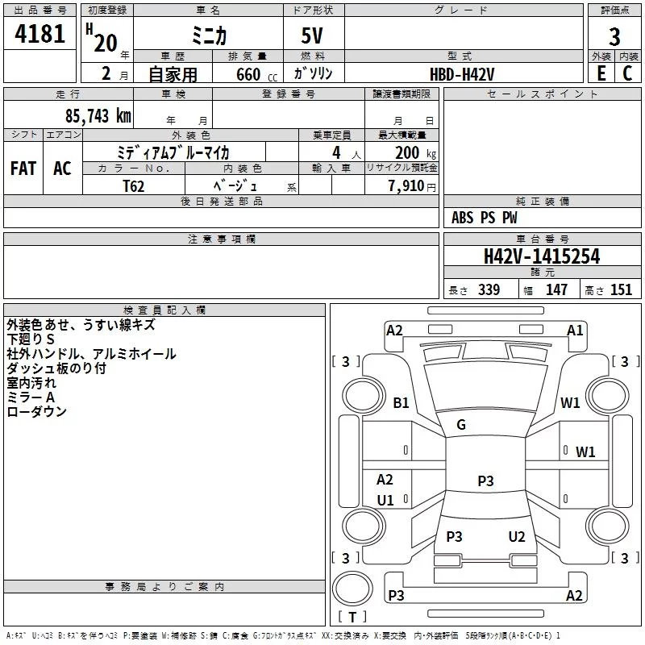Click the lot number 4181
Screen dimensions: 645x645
pos(40,34)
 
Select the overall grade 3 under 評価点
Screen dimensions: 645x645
pos(614,37)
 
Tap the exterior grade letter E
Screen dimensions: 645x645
pos(601,73)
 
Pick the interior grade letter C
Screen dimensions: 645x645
pos(627,73)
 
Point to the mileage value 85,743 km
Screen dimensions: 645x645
pos(98,116)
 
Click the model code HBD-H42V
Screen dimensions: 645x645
pos(462,74)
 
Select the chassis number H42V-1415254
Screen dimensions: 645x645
pos(542,256)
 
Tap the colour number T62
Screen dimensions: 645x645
pos(134,186)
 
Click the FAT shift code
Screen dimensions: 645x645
pos(23,169)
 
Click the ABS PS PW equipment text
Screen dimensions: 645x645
pos(485,217)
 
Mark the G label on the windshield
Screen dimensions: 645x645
pos(461,424)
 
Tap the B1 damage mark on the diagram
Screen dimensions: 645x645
pos(401,402)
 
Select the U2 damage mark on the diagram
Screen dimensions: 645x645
pos(517,536)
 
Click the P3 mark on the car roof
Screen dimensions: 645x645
pos(485,481)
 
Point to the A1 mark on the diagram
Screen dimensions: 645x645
pos(575,330)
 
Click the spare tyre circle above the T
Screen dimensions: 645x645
pos(352,589)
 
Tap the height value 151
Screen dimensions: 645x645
pos(621,289)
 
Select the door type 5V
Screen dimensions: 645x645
pos(312,35)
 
